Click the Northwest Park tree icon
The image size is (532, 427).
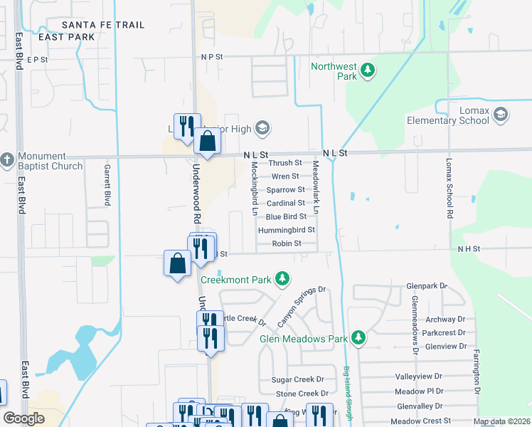tap(368, 70)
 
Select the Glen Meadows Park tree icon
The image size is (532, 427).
tap(358, 337)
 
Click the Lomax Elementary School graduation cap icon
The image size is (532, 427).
tap(501, 115)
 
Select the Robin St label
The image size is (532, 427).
tap(287, 243)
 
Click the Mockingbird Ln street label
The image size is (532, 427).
tap(254, 188)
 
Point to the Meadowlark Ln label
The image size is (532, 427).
tap(316, 188)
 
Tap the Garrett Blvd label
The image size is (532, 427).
tap(107, 184)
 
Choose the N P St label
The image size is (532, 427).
tap(212, 56)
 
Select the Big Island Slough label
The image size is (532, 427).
tap(348, 395)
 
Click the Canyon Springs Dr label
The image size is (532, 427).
tap(301, 307)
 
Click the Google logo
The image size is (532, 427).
tap(24, 418)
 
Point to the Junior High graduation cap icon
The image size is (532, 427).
tap(262, 128)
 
